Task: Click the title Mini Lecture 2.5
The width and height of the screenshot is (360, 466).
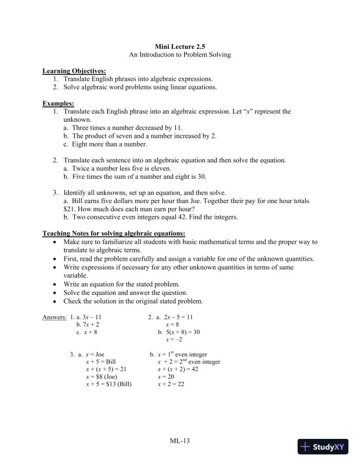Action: pyautogui.click(x=180, y=45)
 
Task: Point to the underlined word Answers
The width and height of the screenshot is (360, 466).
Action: pyautogui.click(x=55, y=318)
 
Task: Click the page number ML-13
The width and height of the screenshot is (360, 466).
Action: pyautogui.click(x=180, y=440)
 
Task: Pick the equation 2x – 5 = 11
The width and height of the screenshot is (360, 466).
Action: pyautogui.click(x=175, y=318)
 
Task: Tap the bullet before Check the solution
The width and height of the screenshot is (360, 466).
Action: pyautogui.click(x=55, y=301)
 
